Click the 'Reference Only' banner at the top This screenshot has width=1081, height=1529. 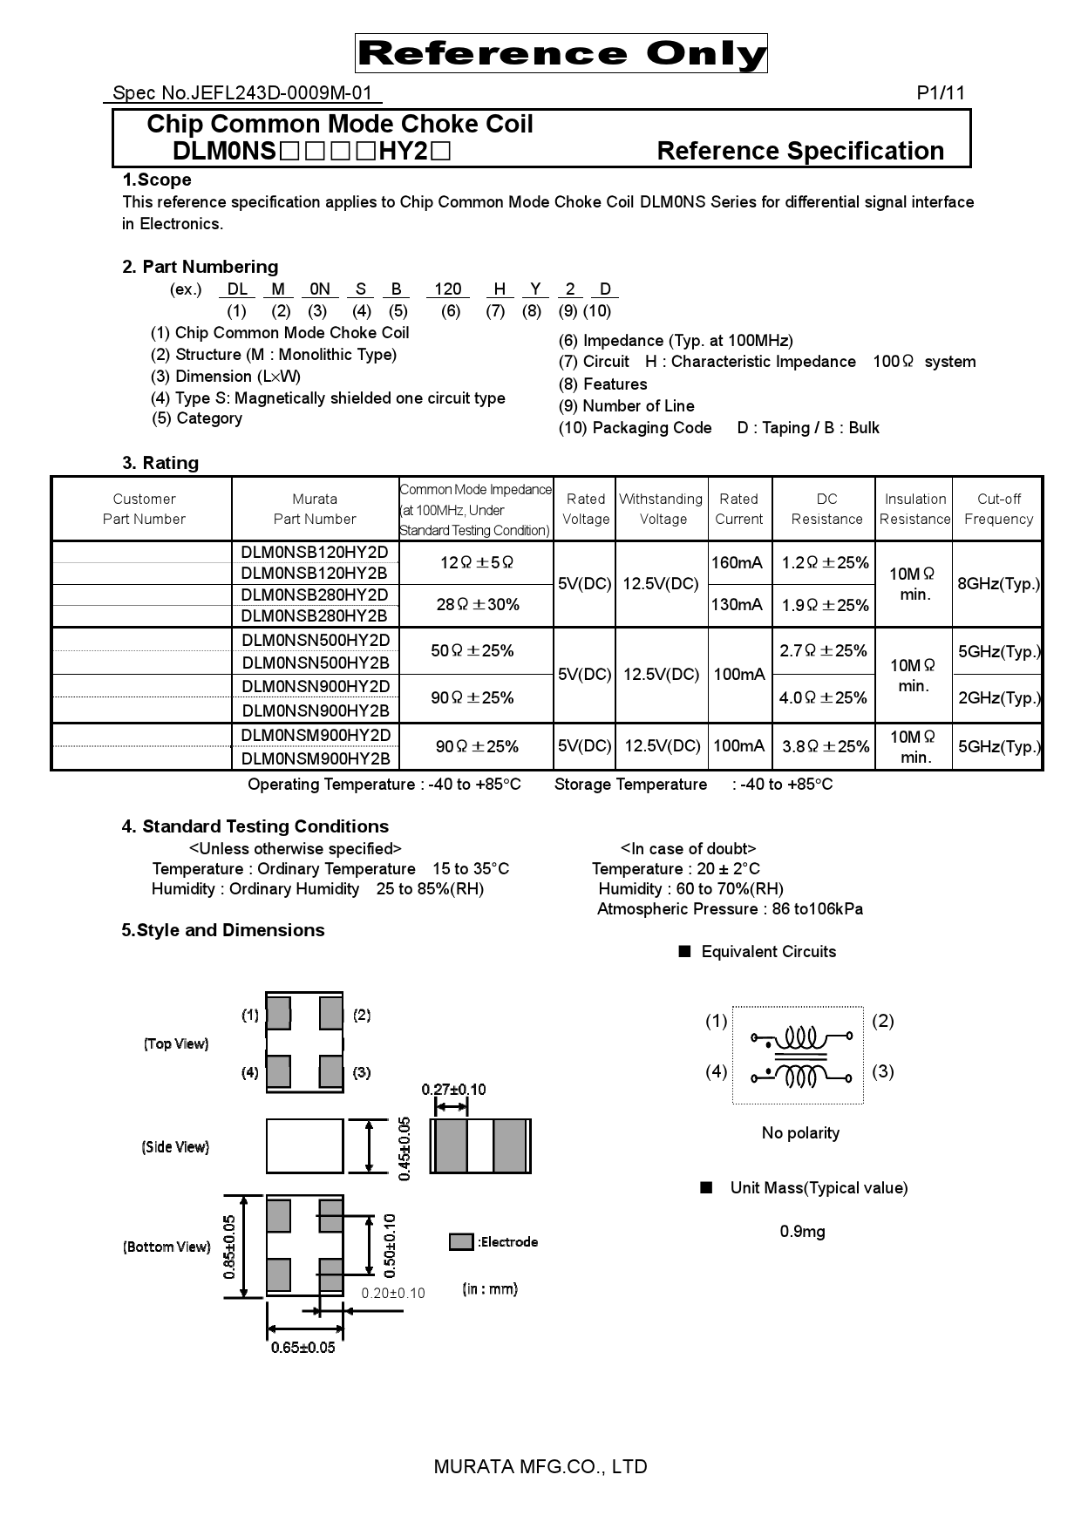pyautogui.click(x=561, y=54)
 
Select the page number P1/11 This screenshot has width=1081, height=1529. pyautogui.click(x=941, y=93)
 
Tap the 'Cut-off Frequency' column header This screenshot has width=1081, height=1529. pyautogui.click(x=998, y=509)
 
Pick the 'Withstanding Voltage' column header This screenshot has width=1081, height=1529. pyautogui.click(x=661, y=509)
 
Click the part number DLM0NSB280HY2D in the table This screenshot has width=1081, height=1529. pyautogui.click(x=315, y=595)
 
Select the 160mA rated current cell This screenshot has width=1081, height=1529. pyautogui.click(x=738, y=563)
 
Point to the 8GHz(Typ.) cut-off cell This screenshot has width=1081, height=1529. pyautogui.click(x=998, y=584)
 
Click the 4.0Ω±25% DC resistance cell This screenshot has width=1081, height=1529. pyautogui.click(x=824, y=697)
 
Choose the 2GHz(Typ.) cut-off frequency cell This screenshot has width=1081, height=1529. pyautogui.click(x=998, y=697)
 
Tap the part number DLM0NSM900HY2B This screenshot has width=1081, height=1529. pyautogui.click(x=315, y=758)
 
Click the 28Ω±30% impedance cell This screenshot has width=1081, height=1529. pyautogui.click(x=477, y=605)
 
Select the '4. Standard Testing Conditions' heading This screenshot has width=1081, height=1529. pyautogui.click(x=255, y=826)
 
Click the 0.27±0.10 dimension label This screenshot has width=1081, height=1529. pyautogui.click(x=453, y=1090)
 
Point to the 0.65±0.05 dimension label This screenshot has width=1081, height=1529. pyautogui.click(x=303, y=1348)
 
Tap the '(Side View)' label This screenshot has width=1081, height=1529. pyautogui.click(x=175, y=1147)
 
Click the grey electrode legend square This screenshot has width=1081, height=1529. pyautogui.click(x=461, y=1242)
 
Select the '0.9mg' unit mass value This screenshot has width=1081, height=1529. pyautogui.click(x=802, y=1232)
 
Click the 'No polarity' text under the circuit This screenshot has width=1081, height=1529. pyautogui.click(x=800, y=1133)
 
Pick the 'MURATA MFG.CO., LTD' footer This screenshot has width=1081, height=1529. pyautogui.click(x=540, y=1467)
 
